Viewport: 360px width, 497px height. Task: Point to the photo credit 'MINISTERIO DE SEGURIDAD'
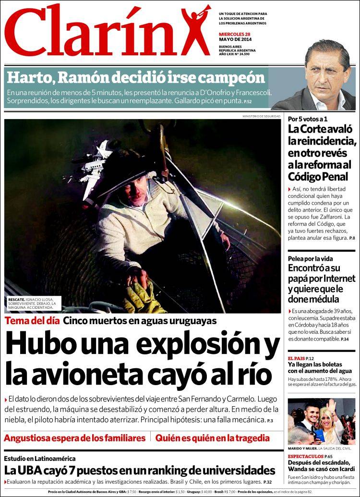262,116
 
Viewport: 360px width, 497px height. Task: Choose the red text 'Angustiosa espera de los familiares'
74,438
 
